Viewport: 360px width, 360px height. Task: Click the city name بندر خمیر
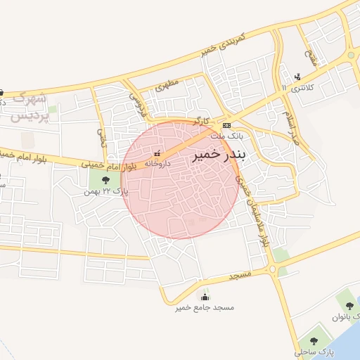click(x=217, y=155)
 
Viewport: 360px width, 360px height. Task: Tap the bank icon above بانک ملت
click(x=226, y=125)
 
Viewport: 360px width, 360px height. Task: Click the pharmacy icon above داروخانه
click(x=157, y=153)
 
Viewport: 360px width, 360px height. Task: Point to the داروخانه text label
click(x=157, y=162)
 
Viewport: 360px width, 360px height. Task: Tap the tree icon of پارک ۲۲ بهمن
click(x=95, y=181)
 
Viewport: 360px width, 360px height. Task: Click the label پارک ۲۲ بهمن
click(x=98, y=191)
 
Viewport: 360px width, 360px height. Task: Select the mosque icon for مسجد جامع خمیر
click(x=205, y=297)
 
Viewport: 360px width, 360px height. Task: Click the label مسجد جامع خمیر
click(x=205, y=308)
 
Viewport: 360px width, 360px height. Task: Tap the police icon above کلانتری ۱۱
click(x=298, y=77)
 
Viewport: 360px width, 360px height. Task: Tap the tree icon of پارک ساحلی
click(x=313, y=341)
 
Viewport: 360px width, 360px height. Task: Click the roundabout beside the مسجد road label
click(x=272, y=269)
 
